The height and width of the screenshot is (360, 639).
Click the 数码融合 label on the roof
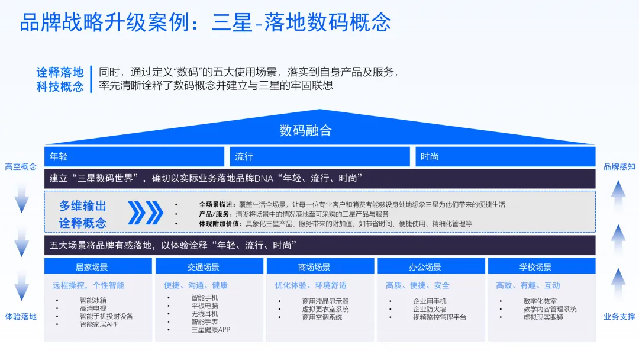[305, 130]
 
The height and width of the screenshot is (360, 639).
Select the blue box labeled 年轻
[134, 156]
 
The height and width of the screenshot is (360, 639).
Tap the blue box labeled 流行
[319, 156]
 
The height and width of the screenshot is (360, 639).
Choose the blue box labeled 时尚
[505, 156]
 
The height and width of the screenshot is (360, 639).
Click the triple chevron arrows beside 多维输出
[145, 213]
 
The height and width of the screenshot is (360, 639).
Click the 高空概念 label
[21, 166]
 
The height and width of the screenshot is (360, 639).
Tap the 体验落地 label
[21, 316]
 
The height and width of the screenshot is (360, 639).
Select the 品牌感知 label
[619, 166]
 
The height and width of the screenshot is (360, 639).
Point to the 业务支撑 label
[619, 316]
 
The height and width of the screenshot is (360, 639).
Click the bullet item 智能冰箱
[93, 301]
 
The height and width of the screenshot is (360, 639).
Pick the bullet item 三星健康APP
[210, 330]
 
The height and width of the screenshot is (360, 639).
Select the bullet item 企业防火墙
[429, 309]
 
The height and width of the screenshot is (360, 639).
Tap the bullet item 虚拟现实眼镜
[543, 317]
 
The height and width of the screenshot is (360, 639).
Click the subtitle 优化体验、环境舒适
[311, 285]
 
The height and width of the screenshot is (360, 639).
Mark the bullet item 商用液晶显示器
[325, 301]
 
